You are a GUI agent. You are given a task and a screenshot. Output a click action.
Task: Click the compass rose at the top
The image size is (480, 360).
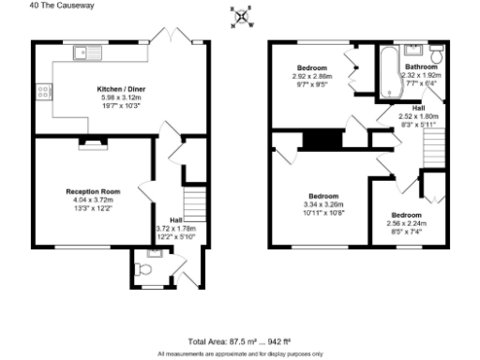[x=242, y=16]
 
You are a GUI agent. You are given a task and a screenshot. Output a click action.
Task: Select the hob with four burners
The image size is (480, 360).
[x=42, y=92]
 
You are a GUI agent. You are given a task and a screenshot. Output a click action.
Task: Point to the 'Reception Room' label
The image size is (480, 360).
[x=84, y=189]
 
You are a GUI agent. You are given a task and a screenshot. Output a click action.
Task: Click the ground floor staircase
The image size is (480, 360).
[x=192, y=202]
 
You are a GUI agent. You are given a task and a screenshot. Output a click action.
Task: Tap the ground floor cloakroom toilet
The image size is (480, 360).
[x=142, y=270]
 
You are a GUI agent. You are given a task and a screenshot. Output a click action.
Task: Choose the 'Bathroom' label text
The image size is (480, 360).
[x=421, y=67]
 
